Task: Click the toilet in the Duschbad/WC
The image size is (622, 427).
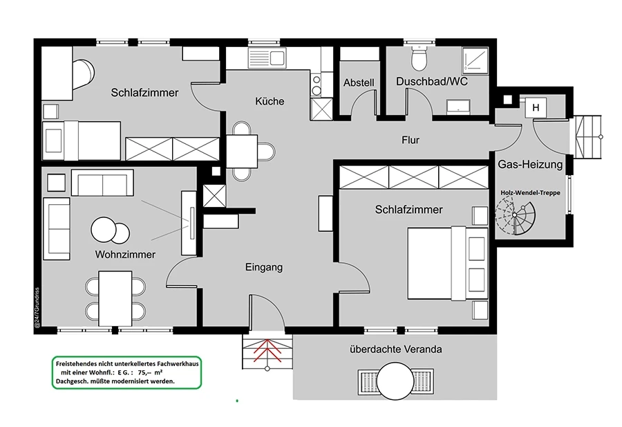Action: click(x=419, y=58)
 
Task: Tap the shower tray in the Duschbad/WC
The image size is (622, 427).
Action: click(x=475, y=61)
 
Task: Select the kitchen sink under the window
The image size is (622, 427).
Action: click(x=267, y=57)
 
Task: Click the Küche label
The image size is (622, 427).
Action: click(x=270, y=101)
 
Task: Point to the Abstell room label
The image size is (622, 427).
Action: click(x=359, y=82)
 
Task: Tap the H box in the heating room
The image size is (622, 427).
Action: click(x=536, y=108)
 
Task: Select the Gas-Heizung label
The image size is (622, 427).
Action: click(x=530, y=164)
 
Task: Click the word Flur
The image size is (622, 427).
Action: click(x=411, y=140)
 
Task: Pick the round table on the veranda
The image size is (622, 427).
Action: click(x=395, y=381)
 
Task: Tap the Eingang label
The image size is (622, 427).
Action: click(x=264, y=267)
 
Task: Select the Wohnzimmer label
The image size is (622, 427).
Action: click(x=125, y=254)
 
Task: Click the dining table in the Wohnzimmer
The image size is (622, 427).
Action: click(x=115, y=298)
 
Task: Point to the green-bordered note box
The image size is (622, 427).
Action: click(x=127, y=372)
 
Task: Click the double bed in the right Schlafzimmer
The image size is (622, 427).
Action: click(x=448, y=263)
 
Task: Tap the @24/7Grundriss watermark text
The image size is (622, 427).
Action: click(x=37, y=308)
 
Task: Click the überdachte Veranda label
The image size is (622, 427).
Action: click(x=395, y=349)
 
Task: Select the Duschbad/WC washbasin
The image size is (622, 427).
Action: click(x=459, y=107)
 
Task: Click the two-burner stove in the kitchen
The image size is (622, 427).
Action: click(x=316, y=85)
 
